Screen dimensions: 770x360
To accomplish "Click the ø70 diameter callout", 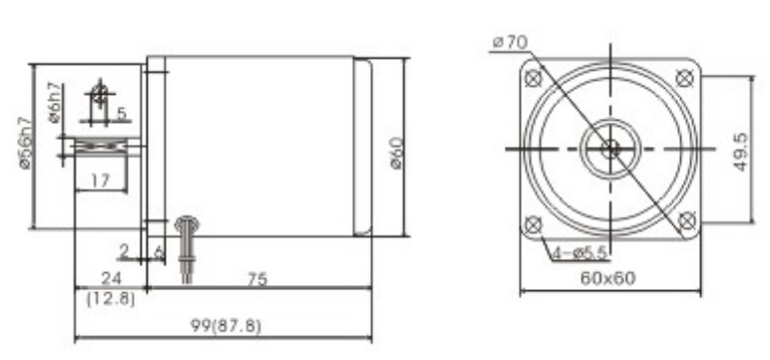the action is click(x=511, y=42).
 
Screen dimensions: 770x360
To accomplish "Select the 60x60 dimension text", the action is click(x=608, y=278).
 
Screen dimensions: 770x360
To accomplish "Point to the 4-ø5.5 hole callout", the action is click(x=580, y=253).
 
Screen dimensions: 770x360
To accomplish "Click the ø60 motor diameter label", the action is click(x=397, y=153).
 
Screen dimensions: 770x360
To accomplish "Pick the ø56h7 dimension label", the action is click(x=26, y=143).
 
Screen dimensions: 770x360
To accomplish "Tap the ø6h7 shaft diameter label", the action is click(x=55, y=103).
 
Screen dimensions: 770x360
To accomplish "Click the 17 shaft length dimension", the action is click(x=100, y=181).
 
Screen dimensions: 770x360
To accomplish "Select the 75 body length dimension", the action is click(x=256, y=279).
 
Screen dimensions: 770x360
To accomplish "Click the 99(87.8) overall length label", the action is click(x=225, y=326).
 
